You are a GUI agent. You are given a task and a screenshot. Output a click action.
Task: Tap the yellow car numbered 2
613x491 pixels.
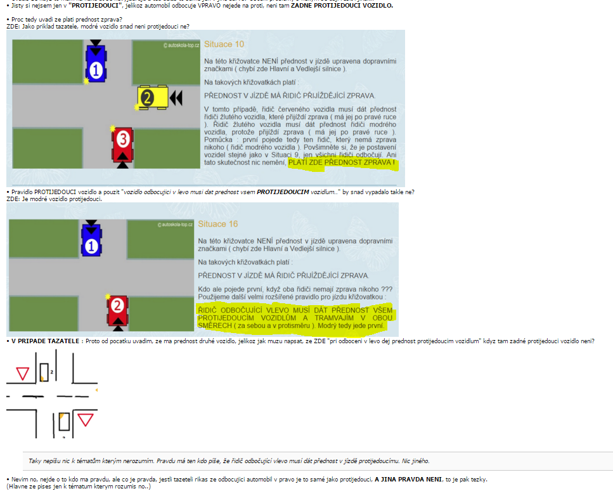[x=153, y=98]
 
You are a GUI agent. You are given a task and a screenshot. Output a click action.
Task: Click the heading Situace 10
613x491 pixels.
[x=224, y=44]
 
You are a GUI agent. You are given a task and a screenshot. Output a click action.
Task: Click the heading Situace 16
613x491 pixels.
[x=218, y=224]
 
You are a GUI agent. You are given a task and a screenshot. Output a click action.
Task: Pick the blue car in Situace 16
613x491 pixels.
[x=91, y=240]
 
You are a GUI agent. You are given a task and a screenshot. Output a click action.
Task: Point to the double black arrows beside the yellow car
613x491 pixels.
[x=176, y=98]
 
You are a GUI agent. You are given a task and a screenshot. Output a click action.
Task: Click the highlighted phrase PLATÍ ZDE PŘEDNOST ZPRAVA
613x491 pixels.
[x=341, y=163]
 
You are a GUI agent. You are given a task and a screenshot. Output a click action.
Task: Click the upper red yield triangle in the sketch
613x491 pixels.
[x=23, y=374]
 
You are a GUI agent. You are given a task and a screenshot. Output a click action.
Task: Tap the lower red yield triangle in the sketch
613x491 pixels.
[x=85, y=420]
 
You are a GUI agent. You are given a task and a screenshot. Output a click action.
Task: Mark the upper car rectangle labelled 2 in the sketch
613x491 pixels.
[x=44, y=372]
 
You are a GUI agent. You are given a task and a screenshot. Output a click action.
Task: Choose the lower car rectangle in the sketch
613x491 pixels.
[x=65, y=422]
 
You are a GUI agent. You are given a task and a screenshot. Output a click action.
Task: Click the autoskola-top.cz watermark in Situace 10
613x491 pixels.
[x=181, y=46]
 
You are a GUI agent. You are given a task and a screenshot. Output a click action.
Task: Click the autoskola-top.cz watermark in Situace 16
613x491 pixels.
[x=175, y=225]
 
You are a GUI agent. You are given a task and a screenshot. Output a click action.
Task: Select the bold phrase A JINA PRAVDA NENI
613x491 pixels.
[x=408, y=479]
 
